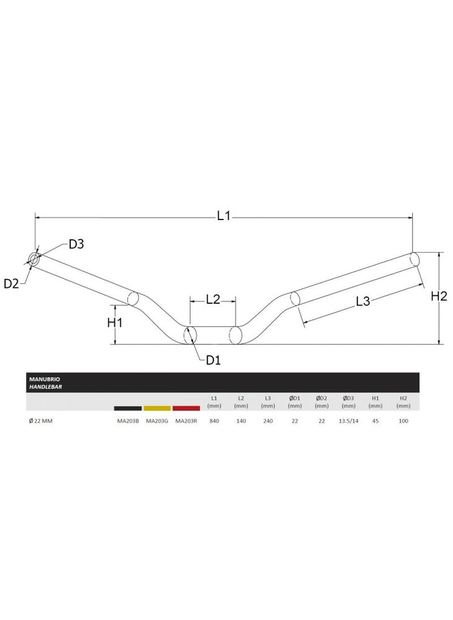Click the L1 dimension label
point(223,216)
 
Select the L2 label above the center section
point(213,299)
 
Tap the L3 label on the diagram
point(362,301)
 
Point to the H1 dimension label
point(115,322)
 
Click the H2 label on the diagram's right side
point(439,296)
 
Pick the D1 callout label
point(213,360)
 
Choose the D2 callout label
point(11,283)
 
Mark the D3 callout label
point(76,244)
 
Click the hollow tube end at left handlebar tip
point(34,260)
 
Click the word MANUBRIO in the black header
point(45,379)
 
